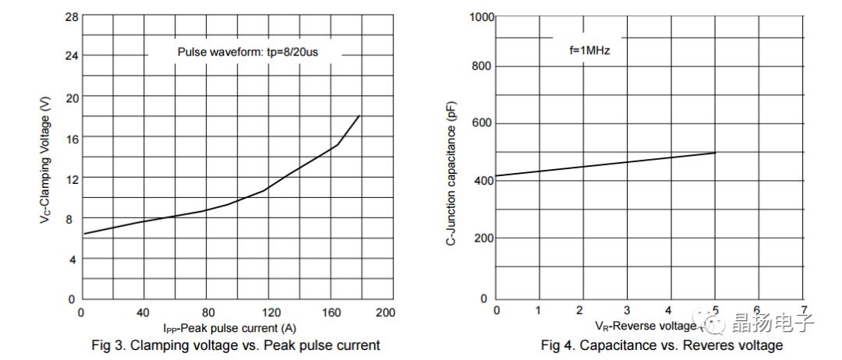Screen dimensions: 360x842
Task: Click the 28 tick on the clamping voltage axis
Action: point(71,16)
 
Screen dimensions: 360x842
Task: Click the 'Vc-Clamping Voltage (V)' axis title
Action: point(45,171)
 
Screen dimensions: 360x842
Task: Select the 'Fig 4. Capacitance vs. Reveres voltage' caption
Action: point(662,345)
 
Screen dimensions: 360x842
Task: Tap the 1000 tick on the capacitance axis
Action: point(481,17)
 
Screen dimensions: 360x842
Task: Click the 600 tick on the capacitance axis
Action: point(484,124)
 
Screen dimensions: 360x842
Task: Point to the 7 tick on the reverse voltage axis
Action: point(804,310)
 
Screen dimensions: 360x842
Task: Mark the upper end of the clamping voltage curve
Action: point(359,115)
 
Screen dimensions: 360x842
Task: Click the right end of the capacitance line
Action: point(716,152)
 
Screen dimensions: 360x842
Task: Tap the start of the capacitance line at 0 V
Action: point(497,175)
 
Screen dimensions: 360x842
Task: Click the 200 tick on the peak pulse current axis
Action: point(384,312)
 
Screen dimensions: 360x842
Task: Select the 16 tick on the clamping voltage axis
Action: point(71,137)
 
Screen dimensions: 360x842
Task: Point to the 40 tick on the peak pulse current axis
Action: point(143,312)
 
